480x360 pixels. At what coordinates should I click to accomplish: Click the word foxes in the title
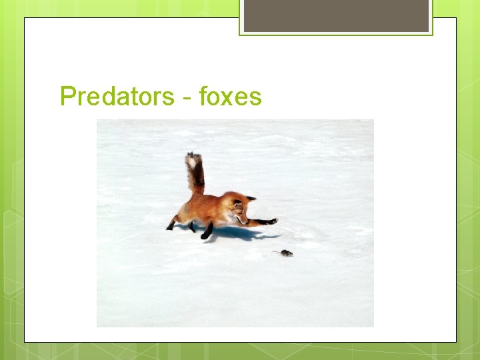(x=230, y=97)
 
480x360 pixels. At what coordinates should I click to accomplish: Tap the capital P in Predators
(x=67, y=97)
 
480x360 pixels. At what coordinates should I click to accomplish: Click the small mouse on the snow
(x=286, y=253)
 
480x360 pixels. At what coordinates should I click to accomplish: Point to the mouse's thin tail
(x=276, y=251)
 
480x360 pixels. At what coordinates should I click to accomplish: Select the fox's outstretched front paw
(x=272, y=221)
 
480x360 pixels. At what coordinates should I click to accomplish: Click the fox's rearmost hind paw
(x=171, y=226)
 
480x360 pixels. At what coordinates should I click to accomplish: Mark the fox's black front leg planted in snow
(x=207, y=232)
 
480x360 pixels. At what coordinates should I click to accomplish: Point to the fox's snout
(x=244, y=219)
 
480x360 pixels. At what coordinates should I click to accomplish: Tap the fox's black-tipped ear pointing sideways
(x=251, y=197)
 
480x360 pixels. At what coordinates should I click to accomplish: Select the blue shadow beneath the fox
(x=233, y=233)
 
